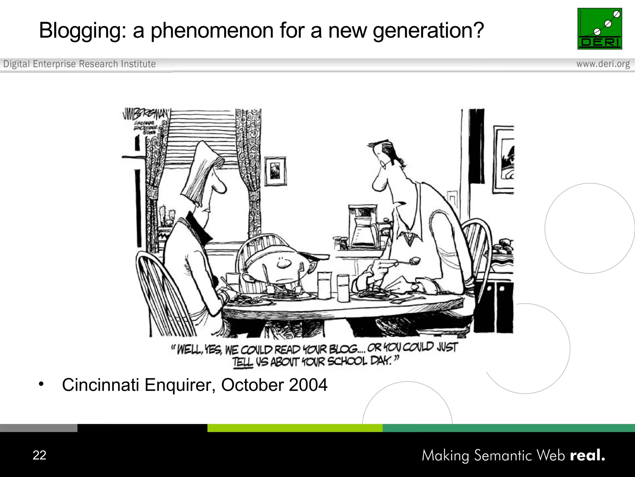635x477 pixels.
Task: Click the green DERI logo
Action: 600,29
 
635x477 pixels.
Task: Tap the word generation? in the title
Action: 428,31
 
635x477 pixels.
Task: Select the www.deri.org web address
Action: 603,64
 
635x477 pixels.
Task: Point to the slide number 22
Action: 39,455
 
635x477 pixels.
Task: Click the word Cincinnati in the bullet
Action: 100,385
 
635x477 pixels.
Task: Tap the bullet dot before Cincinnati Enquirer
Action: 41,384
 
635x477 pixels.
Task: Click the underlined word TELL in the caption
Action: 243,362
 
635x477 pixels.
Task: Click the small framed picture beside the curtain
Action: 275,171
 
